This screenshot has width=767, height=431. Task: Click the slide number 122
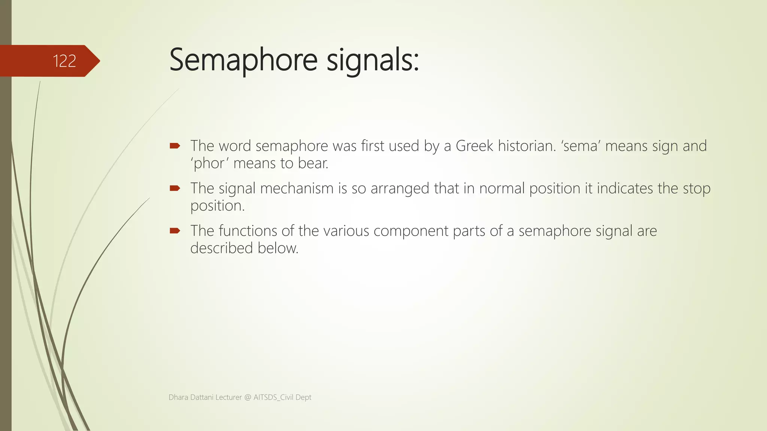tap(64, 61)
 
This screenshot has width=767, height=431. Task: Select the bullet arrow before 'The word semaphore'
tap(175, 146)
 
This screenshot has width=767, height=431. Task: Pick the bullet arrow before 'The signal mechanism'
tap(175, 188)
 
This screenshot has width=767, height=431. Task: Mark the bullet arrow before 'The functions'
tap(175, 231)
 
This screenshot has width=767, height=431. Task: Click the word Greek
tap(474, 146)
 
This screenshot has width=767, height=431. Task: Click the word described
tap(221, 248)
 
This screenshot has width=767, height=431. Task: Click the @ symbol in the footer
tap(248, 397)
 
